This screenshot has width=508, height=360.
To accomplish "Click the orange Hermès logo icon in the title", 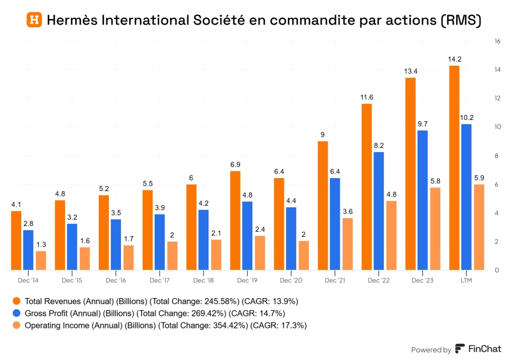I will pos(34,20).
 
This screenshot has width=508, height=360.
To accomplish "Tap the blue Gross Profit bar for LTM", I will pos(466,197).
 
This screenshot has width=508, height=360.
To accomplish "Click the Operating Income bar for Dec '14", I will pos(41,260).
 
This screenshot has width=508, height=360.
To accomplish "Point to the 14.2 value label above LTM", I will pos(454,59).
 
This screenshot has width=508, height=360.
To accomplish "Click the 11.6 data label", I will pos(366,97).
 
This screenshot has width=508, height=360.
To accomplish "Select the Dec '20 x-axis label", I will pos(291,280).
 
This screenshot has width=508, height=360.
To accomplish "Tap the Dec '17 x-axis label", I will pos(160,280).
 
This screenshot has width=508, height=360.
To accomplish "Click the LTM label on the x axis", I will pos(466,280).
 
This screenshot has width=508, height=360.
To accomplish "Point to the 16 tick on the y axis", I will pos(497,41).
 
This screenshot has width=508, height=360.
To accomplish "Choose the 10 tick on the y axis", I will pos(497,127).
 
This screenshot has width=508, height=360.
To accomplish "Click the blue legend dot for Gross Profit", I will pos(16,313).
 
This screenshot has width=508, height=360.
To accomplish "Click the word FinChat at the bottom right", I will pos(484,350).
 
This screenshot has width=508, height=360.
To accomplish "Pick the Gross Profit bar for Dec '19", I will pos(247,236).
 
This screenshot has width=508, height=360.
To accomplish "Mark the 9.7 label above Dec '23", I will pos(422,124).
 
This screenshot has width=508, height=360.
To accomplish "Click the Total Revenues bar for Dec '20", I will pos(279,224).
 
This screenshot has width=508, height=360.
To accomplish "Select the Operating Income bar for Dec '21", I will pos(347,244).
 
